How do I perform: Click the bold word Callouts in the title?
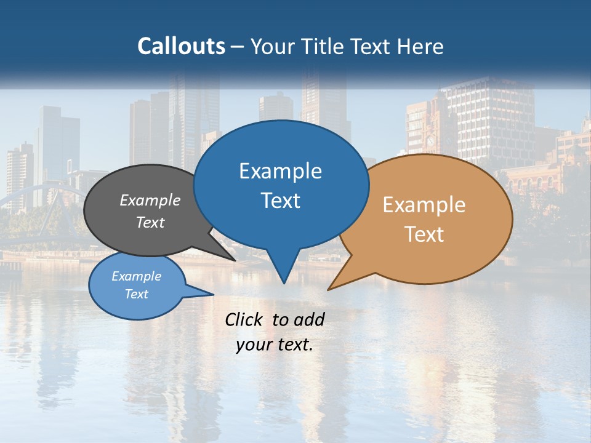181,46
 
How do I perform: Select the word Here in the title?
421,46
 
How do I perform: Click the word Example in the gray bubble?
150,200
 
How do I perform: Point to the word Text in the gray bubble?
150,222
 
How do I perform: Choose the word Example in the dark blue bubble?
280,171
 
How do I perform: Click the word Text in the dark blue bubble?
280,201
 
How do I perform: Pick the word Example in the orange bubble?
424,205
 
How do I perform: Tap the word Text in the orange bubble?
424,234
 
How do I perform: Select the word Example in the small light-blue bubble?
137,276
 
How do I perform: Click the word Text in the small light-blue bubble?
137,294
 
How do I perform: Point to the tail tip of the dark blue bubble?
283,282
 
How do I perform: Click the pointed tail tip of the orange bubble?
329,289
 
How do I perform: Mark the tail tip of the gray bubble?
235,260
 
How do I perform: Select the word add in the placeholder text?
309,319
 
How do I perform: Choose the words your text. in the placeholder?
275,345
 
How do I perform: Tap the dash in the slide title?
238,47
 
